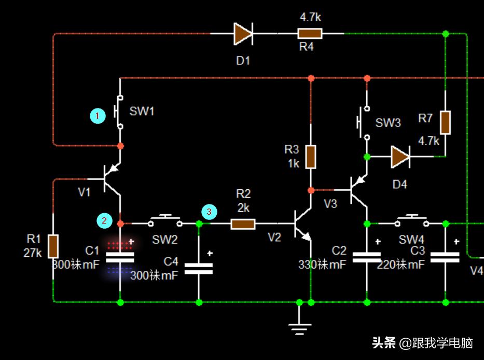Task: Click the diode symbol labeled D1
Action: tap(243, 34)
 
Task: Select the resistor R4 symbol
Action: tap(310, 34)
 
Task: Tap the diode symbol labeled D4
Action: tap(400, 156)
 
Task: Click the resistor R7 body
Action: tap(445, 122)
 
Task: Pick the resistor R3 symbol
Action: tap(310, 157)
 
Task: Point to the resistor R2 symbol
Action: tap(243, 224)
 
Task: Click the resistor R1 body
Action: tap(53, 246)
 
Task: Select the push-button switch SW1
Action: tap(119, 112)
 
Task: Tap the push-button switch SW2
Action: tap(165, 222)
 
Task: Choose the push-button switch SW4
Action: tap(412, 222)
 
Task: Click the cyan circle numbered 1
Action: tap(97, 116)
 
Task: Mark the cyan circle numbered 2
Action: tap(104, 220)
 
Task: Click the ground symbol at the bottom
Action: tap(299, 326)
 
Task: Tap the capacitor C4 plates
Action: tap(199, 268)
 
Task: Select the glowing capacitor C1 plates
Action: tap(120, 257)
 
